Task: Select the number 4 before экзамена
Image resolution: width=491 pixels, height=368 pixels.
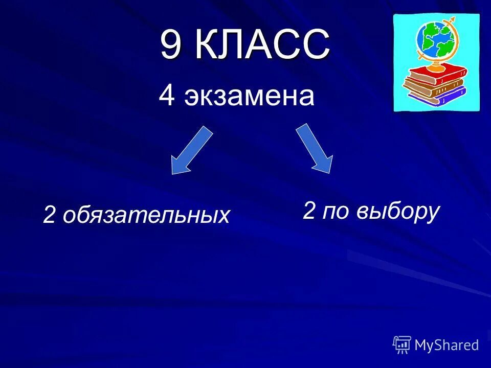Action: point(167,96)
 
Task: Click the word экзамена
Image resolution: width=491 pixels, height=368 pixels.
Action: point(249,97)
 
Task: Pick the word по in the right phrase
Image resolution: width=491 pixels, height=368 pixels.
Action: point(335,211)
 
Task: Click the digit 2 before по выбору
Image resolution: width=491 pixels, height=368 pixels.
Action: point(309,210)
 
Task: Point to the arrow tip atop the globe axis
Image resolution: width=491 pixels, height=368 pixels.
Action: point(452,20)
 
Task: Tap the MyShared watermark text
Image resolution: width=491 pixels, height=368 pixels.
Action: point(447,345)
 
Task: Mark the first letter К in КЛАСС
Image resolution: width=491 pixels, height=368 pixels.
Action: point(207,45)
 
